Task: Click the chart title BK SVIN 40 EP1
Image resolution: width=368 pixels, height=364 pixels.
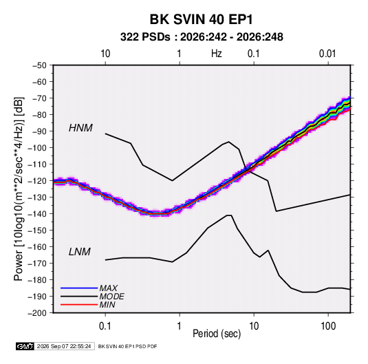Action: tap(201, 19)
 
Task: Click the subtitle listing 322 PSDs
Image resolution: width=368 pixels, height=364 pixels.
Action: tap(202, 37)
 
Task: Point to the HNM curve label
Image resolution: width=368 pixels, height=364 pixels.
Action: tap(80, 128)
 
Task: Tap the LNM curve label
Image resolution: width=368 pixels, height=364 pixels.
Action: tap(80, 252)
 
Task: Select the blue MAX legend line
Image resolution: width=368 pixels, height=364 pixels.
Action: tap(79, 288)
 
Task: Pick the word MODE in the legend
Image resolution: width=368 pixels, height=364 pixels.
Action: tap(111, 297)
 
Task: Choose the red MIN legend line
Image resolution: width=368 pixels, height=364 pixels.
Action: tap(79, 305)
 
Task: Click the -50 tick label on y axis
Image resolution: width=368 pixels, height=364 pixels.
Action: tap(39, 65)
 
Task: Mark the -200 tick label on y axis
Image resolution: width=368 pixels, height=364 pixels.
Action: tap(37, 313)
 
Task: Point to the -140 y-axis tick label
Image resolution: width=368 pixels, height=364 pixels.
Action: tap(37, 214)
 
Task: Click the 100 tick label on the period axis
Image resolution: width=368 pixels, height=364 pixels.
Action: tap(328, 326)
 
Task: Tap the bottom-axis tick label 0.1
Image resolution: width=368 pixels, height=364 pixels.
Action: tap(105, 326)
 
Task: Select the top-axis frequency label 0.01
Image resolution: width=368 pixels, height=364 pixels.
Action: tap(327, 54)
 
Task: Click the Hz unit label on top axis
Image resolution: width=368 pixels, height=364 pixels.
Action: tap(217, 54)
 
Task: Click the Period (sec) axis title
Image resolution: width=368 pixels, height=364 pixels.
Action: tap(217, 334)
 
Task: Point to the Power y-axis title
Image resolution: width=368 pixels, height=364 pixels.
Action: tap(19, 189)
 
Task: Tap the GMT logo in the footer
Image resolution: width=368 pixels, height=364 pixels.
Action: tap(25, 346)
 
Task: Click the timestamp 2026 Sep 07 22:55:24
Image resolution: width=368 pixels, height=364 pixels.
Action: tap(64, 346)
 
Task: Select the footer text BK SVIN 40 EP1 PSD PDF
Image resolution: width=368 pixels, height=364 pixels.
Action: tap(127, 346)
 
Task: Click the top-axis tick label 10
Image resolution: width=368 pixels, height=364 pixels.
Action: tap(105, 54)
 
